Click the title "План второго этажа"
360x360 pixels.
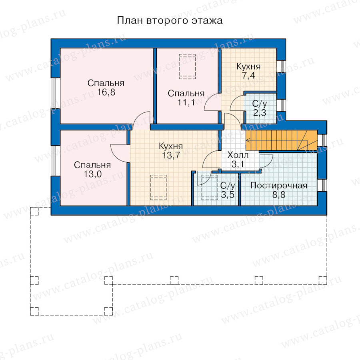[x=170, y=21]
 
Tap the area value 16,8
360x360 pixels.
[x=106, y=92]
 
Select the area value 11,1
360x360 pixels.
[x=186, y=102]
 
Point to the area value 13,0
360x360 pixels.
[x=92, y=174]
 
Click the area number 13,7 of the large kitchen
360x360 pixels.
[x=171, y=155]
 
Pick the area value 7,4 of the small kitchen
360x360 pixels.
[x=249, y=75]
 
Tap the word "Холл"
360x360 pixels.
[x=238, y=155]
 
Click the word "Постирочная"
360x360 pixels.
[x=279, y=186]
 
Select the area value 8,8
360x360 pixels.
[x=279, y=195]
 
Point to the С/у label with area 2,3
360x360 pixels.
[x=260, y=104]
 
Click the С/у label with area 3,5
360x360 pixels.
[x=228, y=186]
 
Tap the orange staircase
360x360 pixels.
[x=282, y=140]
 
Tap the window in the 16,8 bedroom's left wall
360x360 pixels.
[x=55, y=93]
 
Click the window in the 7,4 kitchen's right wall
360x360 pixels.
[x=281, y=66]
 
